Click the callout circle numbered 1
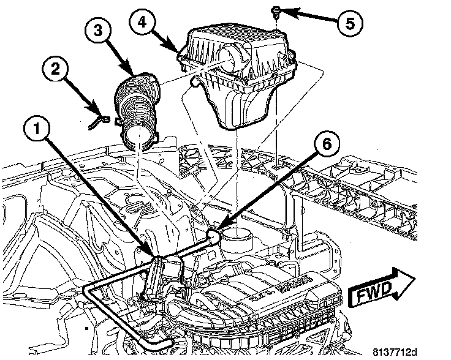[x=38, y=130]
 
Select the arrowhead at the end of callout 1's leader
[x=154, y=253]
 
